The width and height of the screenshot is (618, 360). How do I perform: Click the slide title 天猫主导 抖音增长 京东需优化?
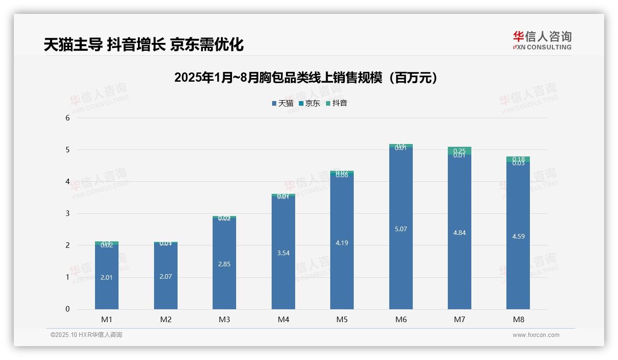[143, 44]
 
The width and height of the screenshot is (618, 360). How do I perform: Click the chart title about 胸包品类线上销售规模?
[305, 78]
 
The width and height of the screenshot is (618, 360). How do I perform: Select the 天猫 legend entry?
[283, 103]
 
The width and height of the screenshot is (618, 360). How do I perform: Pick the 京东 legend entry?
[309, 103]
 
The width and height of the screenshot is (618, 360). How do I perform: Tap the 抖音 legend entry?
[337, 103]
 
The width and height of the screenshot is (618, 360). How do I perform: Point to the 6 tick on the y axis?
[67, 118]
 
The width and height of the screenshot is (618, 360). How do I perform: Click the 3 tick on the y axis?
[67, 213]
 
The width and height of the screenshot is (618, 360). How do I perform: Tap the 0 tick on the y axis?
[67, 309]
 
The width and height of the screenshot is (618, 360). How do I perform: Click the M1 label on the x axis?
[107, 319]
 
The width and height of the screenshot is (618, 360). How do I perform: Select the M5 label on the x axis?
[342, 319]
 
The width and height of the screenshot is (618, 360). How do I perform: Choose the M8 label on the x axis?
[518, 319]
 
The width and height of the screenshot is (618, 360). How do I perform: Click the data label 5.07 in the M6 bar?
[401, 229]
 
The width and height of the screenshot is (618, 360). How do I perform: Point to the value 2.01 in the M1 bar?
[107, 277]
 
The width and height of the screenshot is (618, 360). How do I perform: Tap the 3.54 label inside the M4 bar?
[283, 253]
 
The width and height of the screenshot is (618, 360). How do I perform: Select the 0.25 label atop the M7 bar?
[459, 150]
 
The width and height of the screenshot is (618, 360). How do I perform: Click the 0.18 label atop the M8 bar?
[518, 159]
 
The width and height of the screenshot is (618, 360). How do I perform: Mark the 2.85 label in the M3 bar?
[224, 264]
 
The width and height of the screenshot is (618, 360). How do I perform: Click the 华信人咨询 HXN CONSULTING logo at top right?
[542, 41]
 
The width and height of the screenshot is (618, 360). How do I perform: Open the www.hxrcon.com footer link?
[536, 335]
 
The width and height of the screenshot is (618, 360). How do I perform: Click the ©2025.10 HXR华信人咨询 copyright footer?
[86, 335]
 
